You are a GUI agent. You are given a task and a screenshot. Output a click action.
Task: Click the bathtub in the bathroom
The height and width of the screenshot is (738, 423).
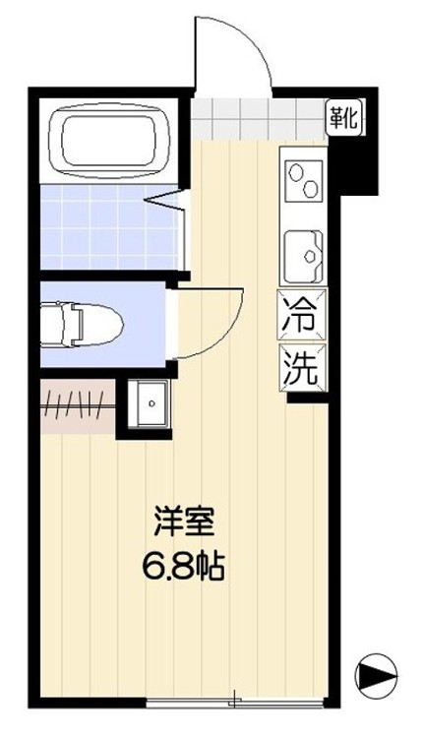[111, 137]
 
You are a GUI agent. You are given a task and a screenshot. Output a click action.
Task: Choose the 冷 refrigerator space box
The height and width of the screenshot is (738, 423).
[301, 319]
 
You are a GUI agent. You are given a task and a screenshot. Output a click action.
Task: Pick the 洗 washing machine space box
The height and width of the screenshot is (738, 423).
[301, 369]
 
